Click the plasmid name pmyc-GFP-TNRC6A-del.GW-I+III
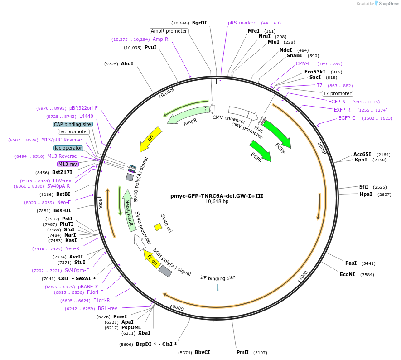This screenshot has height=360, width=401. coord(217,196)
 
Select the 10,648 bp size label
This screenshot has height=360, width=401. coord(217,202)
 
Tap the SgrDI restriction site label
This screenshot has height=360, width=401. coord(199,23)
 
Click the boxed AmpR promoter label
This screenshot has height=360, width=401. coord(169,31)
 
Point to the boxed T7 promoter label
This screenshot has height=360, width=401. coord(337,93)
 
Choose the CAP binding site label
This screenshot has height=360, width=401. coord(72,124)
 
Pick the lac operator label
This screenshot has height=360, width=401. coord(68,148)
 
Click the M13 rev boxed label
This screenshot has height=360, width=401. coord(68,164)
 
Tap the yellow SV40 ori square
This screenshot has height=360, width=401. coord(158,226)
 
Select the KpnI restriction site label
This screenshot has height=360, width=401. coord(361,160)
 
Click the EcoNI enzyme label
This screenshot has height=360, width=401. coord(348,274)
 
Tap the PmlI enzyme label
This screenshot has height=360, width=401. coord(242,352)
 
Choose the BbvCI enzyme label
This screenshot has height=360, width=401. coord(203,352)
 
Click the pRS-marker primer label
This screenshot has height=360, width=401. coord(242,23)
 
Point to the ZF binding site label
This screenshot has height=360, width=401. coord(218,277)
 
